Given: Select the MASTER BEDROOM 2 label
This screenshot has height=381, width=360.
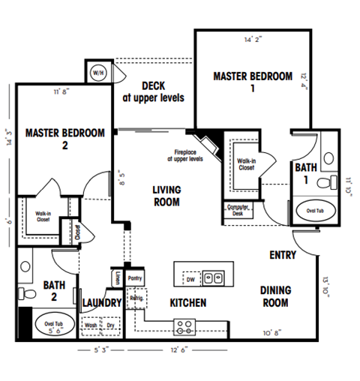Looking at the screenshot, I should coord(65,139).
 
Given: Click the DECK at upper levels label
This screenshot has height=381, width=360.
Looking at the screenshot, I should coord(153,92).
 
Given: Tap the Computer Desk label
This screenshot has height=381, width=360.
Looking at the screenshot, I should coord(238,211).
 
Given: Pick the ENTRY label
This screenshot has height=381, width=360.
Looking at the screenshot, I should coord(283,255).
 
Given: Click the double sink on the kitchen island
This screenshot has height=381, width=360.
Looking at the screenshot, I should coord(213,277).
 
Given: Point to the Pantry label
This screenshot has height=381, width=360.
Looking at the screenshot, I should coord(135,277).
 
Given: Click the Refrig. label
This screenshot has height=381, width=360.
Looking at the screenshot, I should coord(136,297).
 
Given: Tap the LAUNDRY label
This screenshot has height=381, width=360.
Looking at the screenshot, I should coord(102,303).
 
